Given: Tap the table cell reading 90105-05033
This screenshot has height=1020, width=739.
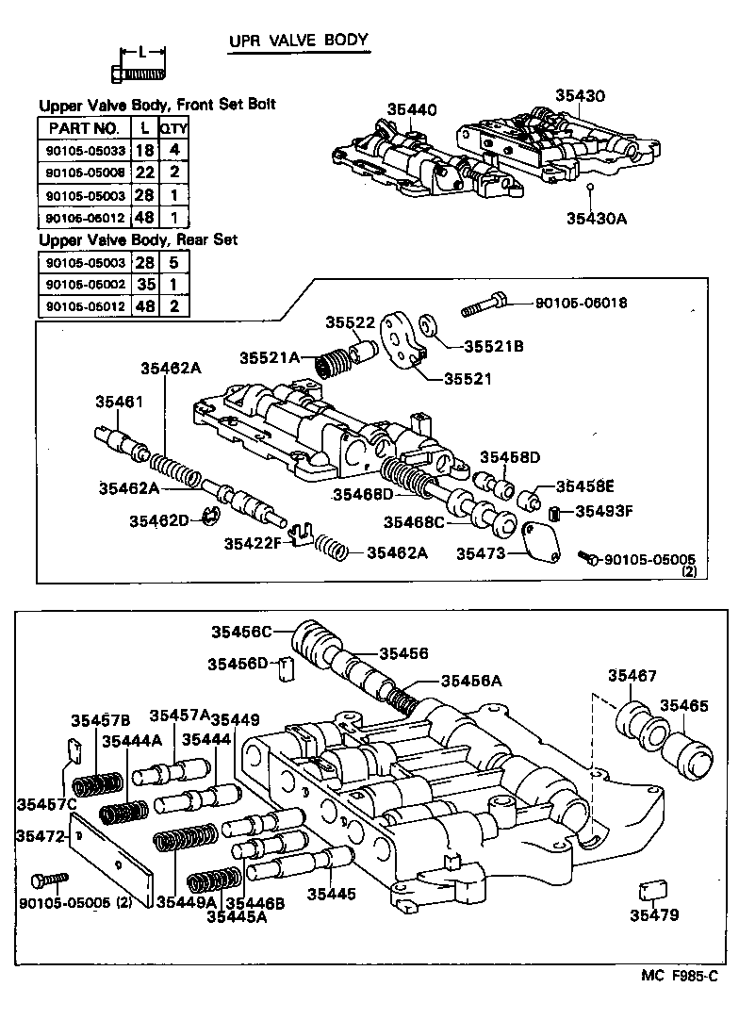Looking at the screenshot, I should tap(83, 151).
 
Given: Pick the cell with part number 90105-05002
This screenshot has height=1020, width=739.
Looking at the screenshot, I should tap(83, 285).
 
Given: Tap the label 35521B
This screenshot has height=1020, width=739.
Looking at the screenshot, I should tap(493, 345).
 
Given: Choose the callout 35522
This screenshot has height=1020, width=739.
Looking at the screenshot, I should tap(351, 322).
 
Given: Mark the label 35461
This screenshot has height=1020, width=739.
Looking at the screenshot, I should tap(119, 402).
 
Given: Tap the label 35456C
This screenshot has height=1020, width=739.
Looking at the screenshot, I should tap(240, 632).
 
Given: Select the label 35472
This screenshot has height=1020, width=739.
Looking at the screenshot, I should tap(36, 835).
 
